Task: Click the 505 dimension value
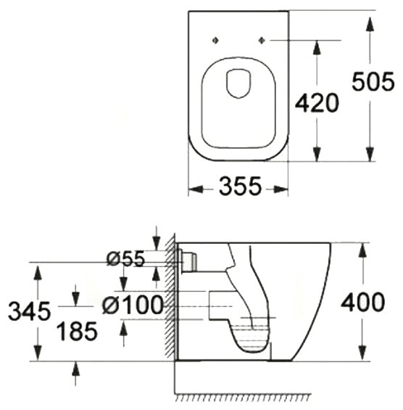373,81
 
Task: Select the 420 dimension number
317,102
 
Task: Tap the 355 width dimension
240,186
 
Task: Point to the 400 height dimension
363,302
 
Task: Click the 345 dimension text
29,311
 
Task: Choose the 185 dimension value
77,332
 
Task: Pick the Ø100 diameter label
133,305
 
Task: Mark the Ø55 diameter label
125,259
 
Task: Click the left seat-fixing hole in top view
215,40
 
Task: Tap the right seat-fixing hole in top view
262,40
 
